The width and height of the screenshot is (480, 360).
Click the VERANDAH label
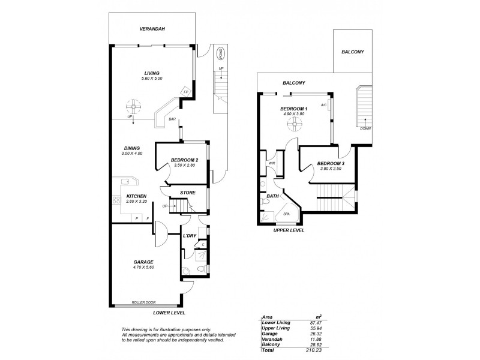coord(136,29)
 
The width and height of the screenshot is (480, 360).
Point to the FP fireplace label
coord(186,91)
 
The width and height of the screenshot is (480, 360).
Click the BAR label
coord(172,120)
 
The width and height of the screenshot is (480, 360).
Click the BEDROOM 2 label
coord(184,160)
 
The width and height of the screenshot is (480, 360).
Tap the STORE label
coord(188,193)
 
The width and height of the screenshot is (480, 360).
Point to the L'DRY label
coord(190,235)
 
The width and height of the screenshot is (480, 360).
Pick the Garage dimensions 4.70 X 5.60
coord(143,268)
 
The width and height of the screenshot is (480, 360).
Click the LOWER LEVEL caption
coord(169,313)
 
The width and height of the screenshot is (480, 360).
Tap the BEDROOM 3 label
coord(329,163)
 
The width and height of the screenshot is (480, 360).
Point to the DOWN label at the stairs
coord(365,128)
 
